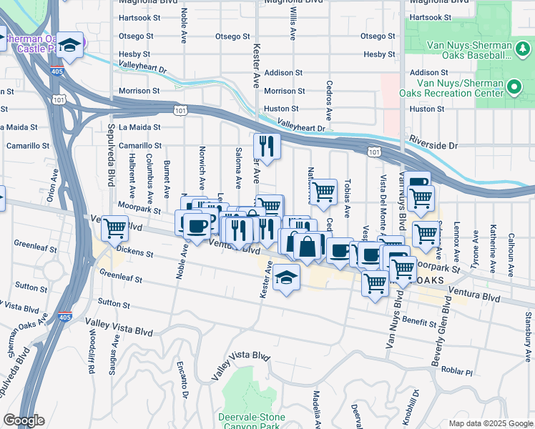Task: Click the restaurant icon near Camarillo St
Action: [267, 147]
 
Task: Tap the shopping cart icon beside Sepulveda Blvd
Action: [115, 229]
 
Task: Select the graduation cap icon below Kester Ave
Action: [286, 278]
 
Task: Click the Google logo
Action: [23, 420]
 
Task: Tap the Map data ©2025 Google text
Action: [491, 423]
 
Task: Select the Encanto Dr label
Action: [182, 379]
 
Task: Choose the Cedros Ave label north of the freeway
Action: [329, 105]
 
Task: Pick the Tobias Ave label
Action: [347, 198]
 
